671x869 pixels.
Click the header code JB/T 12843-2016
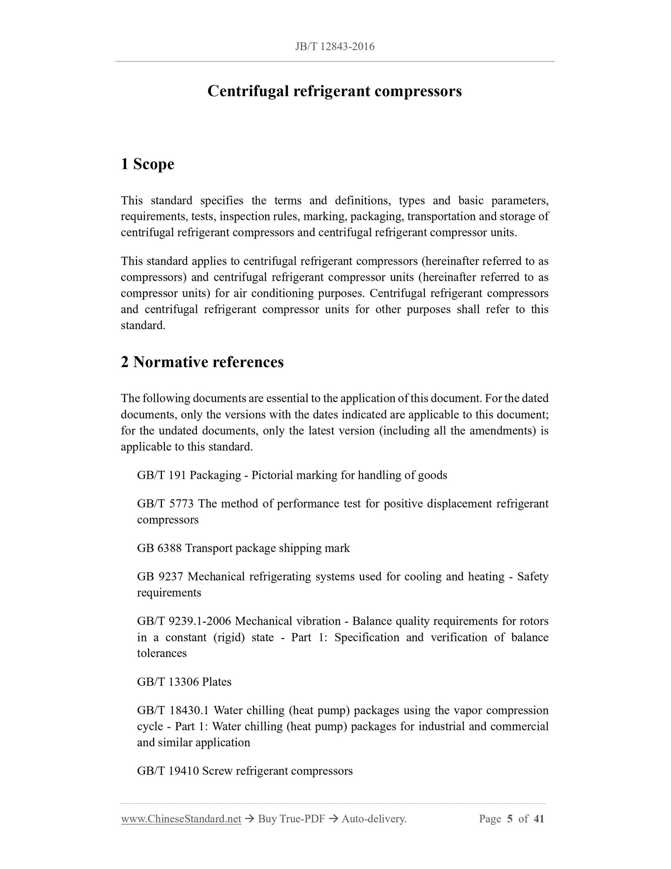point(335,46)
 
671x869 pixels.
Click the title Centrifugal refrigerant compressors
point(335,91)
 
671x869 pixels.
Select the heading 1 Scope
point(148,164)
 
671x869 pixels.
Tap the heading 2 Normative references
point(202,362)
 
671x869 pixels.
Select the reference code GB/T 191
point(162,475)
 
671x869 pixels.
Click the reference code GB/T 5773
point(165,504)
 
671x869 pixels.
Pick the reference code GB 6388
point(159,548)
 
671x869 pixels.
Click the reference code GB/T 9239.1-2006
point(184,621)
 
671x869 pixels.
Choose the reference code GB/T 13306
point(168,682)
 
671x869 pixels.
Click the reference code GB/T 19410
point(168,771)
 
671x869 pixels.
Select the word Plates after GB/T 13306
point(217,682)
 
